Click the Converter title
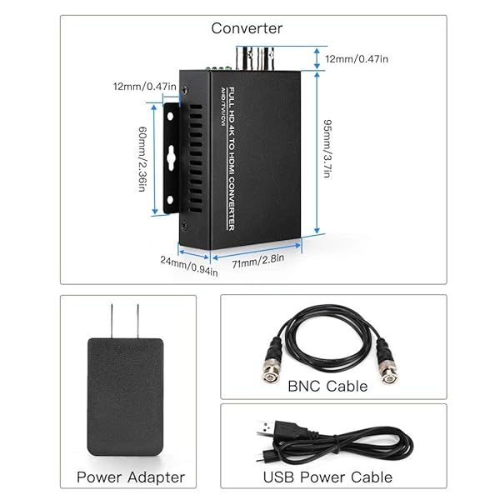[247, 28]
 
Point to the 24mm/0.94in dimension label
[190, 265]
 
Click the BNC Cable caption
[327, 386]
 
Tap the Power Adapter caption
[131, 477]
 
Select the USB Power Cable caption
[327, 477]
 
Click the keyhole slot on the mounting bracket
[171, 157]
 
